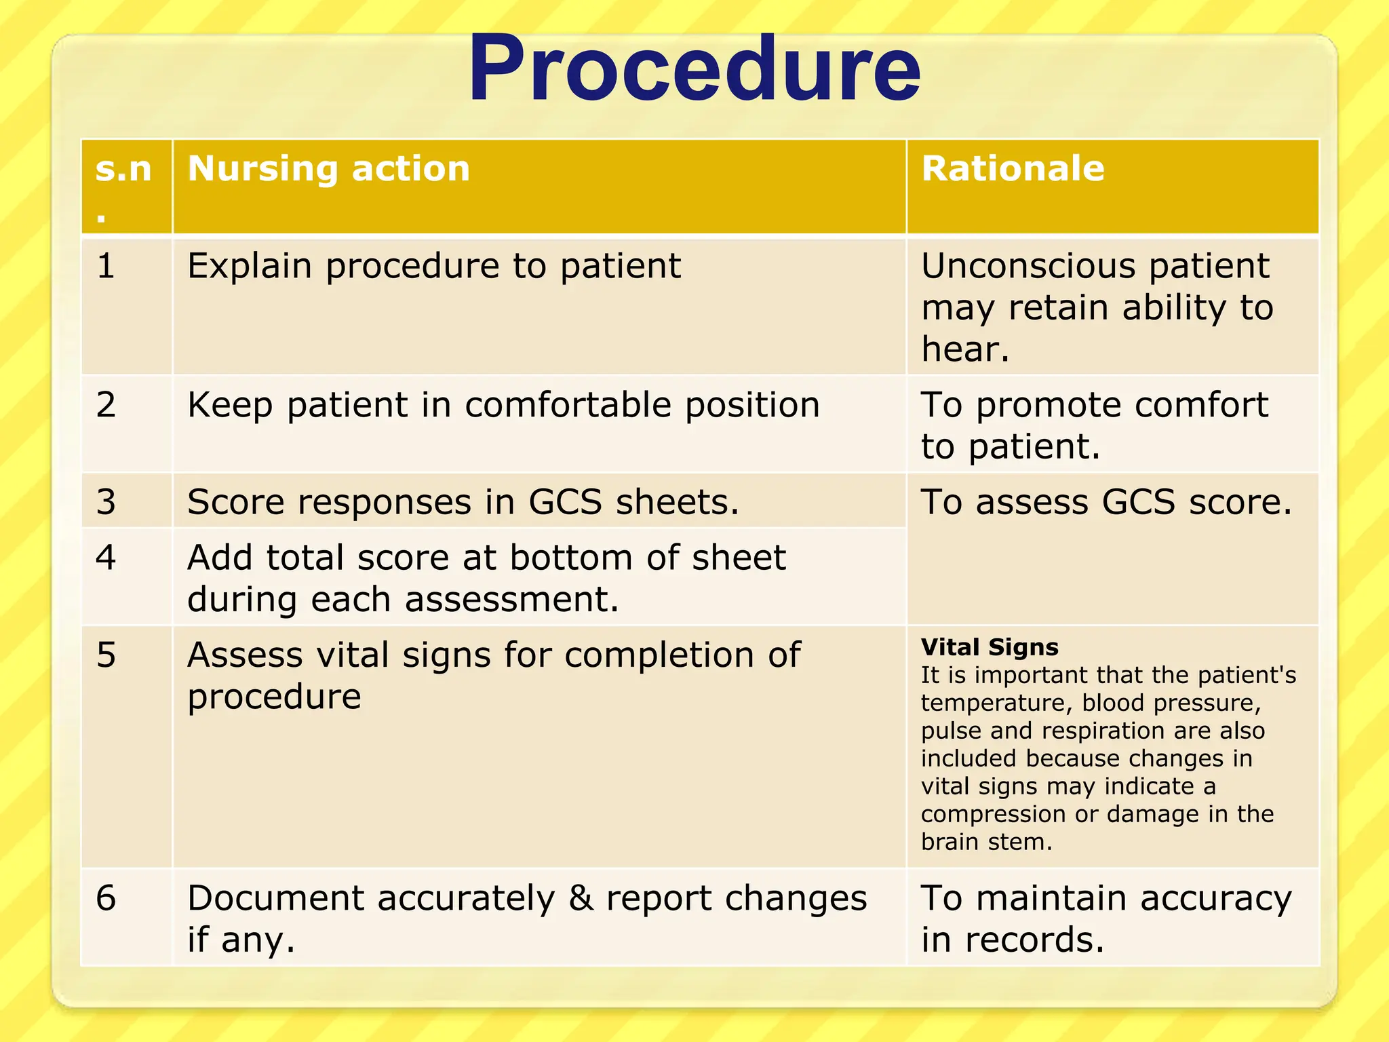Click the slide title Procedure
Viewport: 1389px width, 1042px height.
[x=694, y=70]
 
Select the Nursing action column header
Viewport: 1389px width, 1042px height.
[x=329, y=168]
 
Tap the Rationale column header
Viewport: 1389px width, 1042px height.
[x=1013, y=168]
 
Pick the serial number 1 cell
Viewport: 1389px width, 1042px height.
[x=106, y=266]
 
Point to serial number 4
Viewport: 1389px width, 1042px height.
[x=106, y=558]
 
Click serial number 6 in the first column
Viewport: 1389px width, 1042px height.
[x=106, y=898]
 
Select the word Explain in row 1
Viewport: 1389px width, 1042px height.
[x=250, y=266]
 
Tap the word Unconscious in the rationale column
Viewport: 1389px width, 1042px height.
[x=1028, y=266]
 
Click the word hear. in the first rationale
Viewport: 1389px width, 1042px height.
[x=965, y=350]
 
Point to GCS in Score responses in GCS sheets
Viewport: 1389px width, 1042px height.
[x=565, y=503]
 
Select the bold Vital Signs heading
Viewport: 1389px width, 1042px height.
[x=990, y=647]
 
